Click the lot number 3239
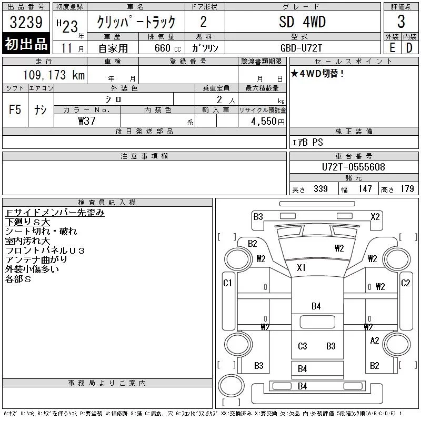26,23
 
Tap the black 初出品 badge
26,44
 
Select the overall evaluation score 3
401,23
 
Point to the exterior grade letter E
392,47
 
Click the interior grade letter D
409,47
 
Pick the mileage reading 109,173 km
54,75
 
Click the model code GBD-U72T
302,47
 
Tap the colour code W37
87,121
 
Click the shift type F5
15,110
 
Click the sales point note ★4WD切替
318,74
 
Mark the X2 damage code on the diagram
375,216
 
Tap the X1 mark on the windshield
301,268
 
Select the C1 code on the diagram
228,283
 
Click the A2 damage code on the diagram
375,340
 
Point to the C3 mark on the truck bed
302,346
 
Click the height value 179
407,189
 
